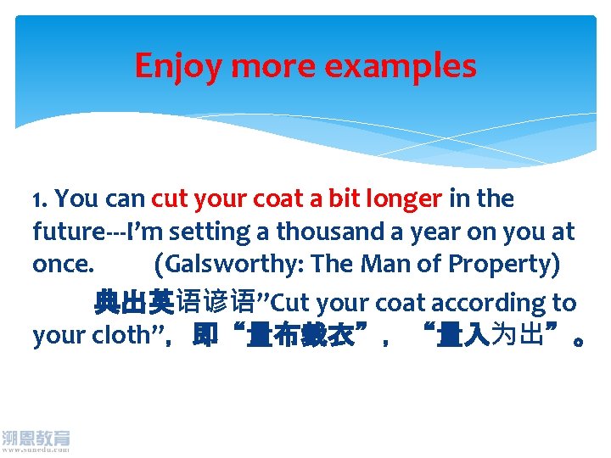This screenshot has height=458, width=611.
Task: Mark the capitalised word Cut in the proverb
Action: coord(289,303)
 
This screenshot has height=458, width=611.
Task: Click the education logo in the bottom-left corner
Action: coord(36,441)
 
